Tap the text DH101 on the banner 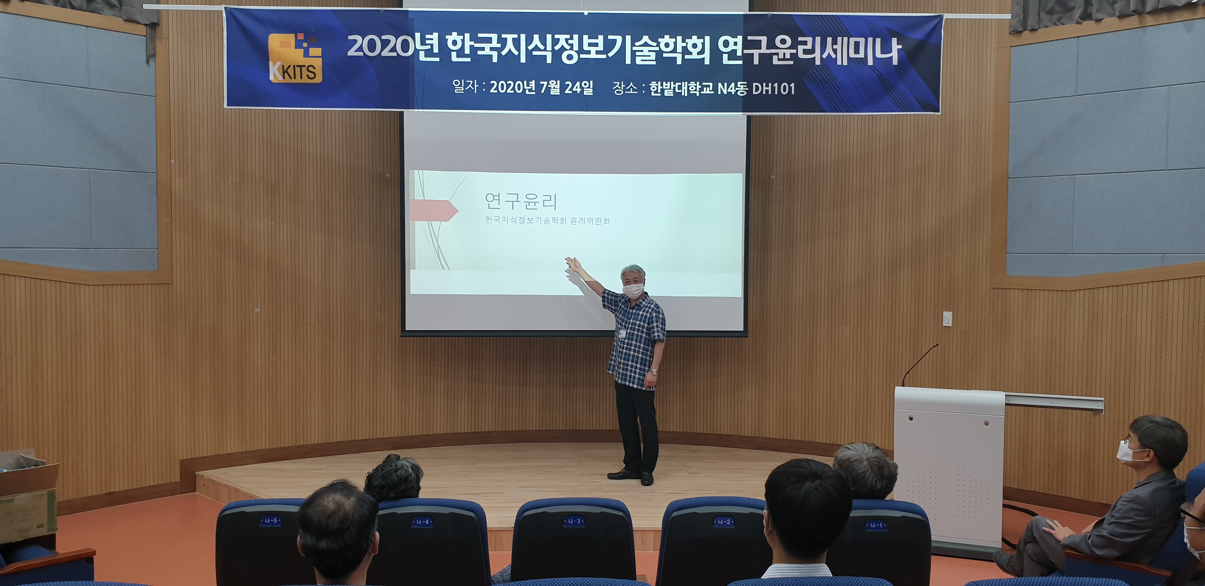coord(773,88)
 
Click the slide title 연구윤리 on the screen coord(521,201)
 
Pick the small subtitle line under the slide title coord(547,220)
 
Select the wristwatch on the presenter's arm coord(654,372)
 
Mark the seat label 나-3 coord(574,521)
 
